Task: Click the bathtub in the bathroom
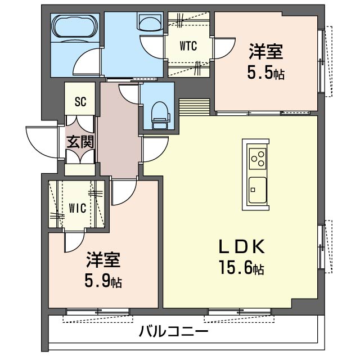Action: point(75,26)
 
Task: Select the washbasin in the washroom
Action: point(150,24)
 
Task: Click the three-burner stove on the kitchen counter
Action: point(258,159)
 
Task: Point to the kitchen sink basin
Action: point(258,190)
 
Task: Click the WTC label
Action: point(188,46)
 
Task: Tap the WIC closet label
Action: point(78,208)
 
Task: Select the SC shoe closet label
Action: point(80,101)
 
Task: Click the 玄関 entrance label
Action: point(80,142)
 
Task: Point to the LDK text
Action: point(242,246)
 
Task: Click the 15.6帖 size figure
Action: point(242,268)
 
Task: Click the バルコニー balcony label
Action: point(174,331)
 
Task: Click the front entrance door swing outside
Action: point(41,142)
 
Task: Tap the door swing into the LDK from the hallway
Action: point(156,149)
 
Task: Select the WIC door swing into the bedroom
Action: point(74,242)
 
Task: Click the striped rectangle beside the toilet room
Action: point(195,106)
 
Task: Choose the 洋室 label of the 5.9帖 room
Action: point(103,260)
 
